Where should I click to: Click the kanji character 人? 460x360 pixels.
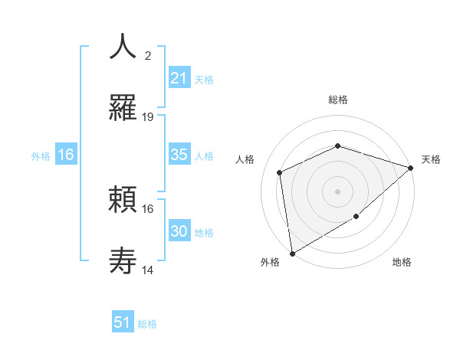[x=123, y=46]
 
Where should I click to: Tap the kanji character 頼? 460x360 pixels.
[x=123, y=200]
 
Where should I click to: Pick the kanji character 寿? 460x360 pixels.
[x=123, y=261]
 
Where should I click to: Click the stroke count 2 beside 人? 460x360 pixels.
[x=148, y=55]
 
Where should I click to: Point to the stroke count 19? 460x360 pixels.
[x=148, y=117]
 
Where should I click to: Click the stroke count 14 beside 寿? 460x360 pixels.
[x=148, y=270]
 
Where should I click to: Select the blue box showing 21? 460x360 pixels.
[x=179, y=77]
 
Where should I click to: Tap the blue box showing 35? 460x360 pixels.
[x=179, y=155]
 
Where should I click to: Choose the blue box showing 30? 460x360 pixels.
[x=179, y=231]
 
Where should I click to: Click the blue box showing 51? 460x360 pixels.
[x=123, y=322]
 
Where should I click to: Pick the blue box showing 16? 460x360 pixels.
[x=66, y=155]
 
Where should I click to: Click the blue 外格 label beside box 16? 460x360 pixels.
[x=41, y=155]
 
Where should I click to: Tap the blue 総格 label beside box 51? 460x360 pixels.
[x=147, y=324]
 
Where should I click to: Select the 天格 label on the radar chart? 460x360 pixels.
[x=431, y=159]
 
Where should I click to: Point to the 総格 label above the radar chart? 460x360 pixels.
[x=337, y=100]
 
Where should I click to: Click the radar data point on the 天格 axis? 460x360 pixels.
[x=411, y=167]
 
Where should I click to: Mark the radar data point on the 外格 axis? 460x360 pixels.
[x=292, y=253]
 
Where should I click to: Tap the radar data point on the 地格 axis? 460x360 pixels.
[x=356, y=217]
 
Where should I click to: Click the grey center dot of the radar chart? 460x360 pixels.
[x=337, y=191]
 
